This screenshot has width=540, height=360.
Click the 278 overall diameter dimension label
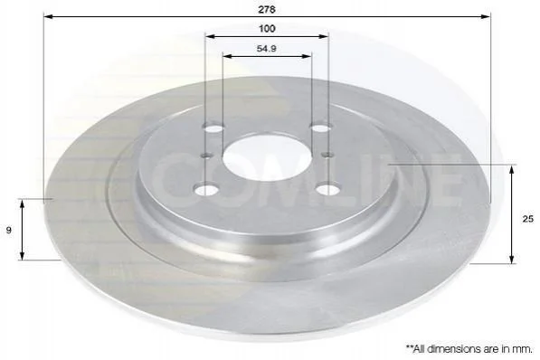click(x=267, y=10)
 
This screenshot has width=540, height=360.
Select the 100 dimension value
click(x=267, y=29)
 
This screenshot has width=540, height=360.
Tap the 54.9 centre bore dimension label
click(x=266, y=49)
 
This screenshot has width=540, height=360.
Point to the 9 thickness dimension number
click(x=9, y=230)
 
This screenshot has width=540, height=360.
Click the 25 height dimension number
click(x=527, y=219)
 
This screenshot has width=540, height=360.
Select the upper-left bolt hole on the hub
click(x=214, y=128)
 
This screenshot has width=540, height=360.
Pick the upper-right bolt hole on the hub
click(x=320, y=128)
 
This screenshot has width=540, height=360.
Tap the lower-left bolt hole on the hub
click(x=206, y=190)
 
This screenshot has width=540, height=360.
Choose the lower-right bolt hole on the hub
click(x=327, y=189)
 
